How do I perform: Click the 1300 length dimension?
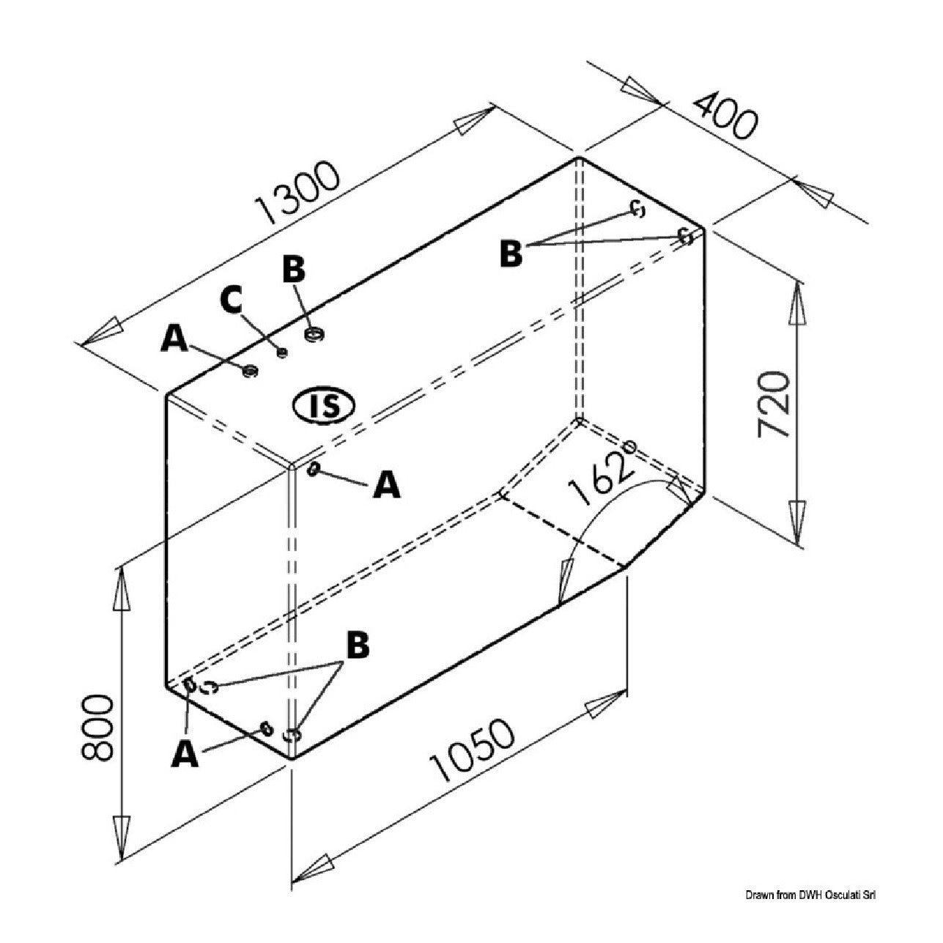click(297, 192)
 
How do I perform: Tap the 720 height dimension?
click(774, 404)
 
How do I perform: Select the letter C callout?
click(231, 300)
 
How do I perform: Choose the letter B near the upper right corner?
click(511, 254)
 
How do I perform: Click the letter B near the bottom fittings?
click(358, 645)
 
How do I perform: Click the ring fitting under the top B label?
click(314, 335)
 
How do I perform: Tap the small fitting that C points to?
click(282, 352)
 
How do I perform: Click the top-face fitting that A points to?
click(250, 371)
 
